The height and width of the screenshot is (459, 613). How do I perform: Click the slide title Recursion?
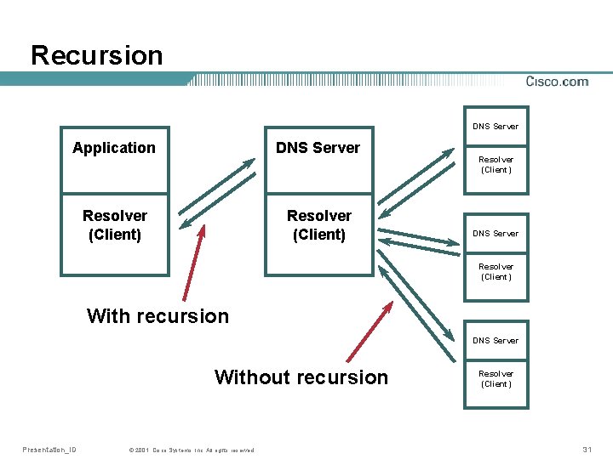point(96,55)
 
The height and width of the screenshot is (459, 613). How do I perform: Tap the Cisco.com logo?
point(557,82)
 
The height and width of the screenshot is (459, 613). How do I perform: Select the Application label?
point(114,148)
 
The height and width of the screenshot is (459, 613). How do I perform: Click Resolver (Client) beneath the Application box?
point(114,225)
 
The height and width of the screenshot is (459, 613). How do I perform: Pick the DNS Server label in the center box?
point(318,148)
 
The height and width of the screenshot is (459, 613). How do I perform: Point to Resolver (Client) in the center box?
point(318,225)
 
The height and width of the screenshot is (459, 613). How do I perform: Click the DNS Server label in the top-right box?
point(496,127)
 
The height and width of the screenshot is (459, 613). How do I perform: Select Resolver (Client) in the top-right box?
point(496,164)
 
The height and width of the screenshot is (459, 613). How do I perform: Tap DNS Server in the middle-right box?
point(496,234)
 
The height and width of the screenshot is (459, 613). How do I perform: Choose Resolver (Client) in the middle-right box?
point(496,271)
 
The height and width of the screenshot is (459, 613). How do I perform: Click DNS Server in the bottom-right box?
point(496,341)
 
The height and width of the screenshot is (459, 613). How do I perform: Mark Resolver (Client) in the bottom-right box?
point(496,378)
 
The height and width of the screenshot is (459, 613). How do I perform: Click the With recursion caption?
point(158,316)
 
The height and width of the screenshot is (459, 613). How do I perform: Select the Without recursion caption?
point(301,377)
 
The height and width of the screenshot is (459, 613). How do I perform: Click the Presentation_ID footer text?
point(49,450)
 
